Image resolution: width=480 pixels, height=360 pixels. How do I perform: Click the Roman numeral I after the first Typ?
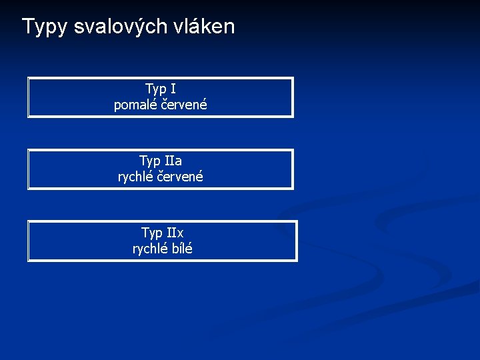click(x=173, y=89)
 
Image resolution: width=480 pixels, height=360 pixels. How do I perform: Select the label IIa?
click(x=173, y=161)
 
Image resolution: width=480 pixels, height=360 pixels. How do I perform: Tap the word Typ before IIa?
click(x=150, y=161)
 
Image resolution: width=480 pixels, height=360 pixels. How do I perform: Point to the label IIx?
click(x=175, y=233)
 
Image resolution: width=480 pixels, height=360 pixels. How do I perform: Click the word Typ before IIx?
click(x=152, y=233)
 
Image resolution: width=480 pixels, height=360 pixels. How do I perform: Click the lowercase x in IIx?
click(x=179, y=233)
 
